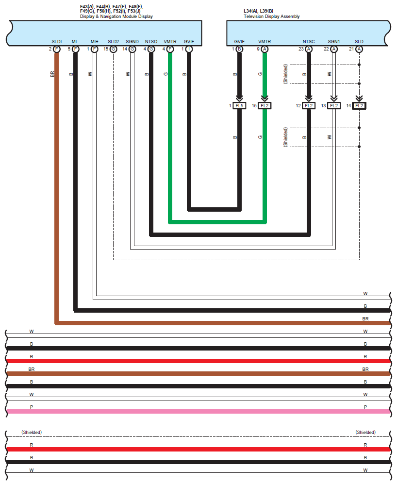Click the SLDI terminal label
pos(57,42)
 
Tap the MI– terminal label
pos(75,42)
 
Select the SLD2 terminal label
pos(113,42)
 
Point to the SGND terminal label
pos(132,42)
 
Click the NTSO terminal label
pos(151,42)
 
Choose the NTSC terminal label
pos(309,42)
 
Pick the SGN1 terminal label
pos(333,42)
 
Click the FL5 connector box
pos(239,105)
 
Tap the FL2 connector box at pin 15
pos(265,105)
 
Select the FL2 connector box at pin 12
pos(309,105)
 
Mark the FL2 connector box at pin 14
pos(359,105)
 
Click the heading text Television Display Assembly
pos(271,17)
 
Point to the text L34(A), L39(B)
pos(258,10)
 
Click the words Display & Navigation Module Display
pos(116,17)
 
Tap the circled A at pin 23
pos(309,49)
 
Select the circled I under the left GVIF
pos(189,49)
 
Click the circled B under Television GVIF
pos(239,49)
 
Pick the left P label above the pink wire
pos(32,407)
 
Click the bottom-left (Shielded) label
pos(32,432)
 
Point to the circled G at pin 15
pos(113,49)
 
